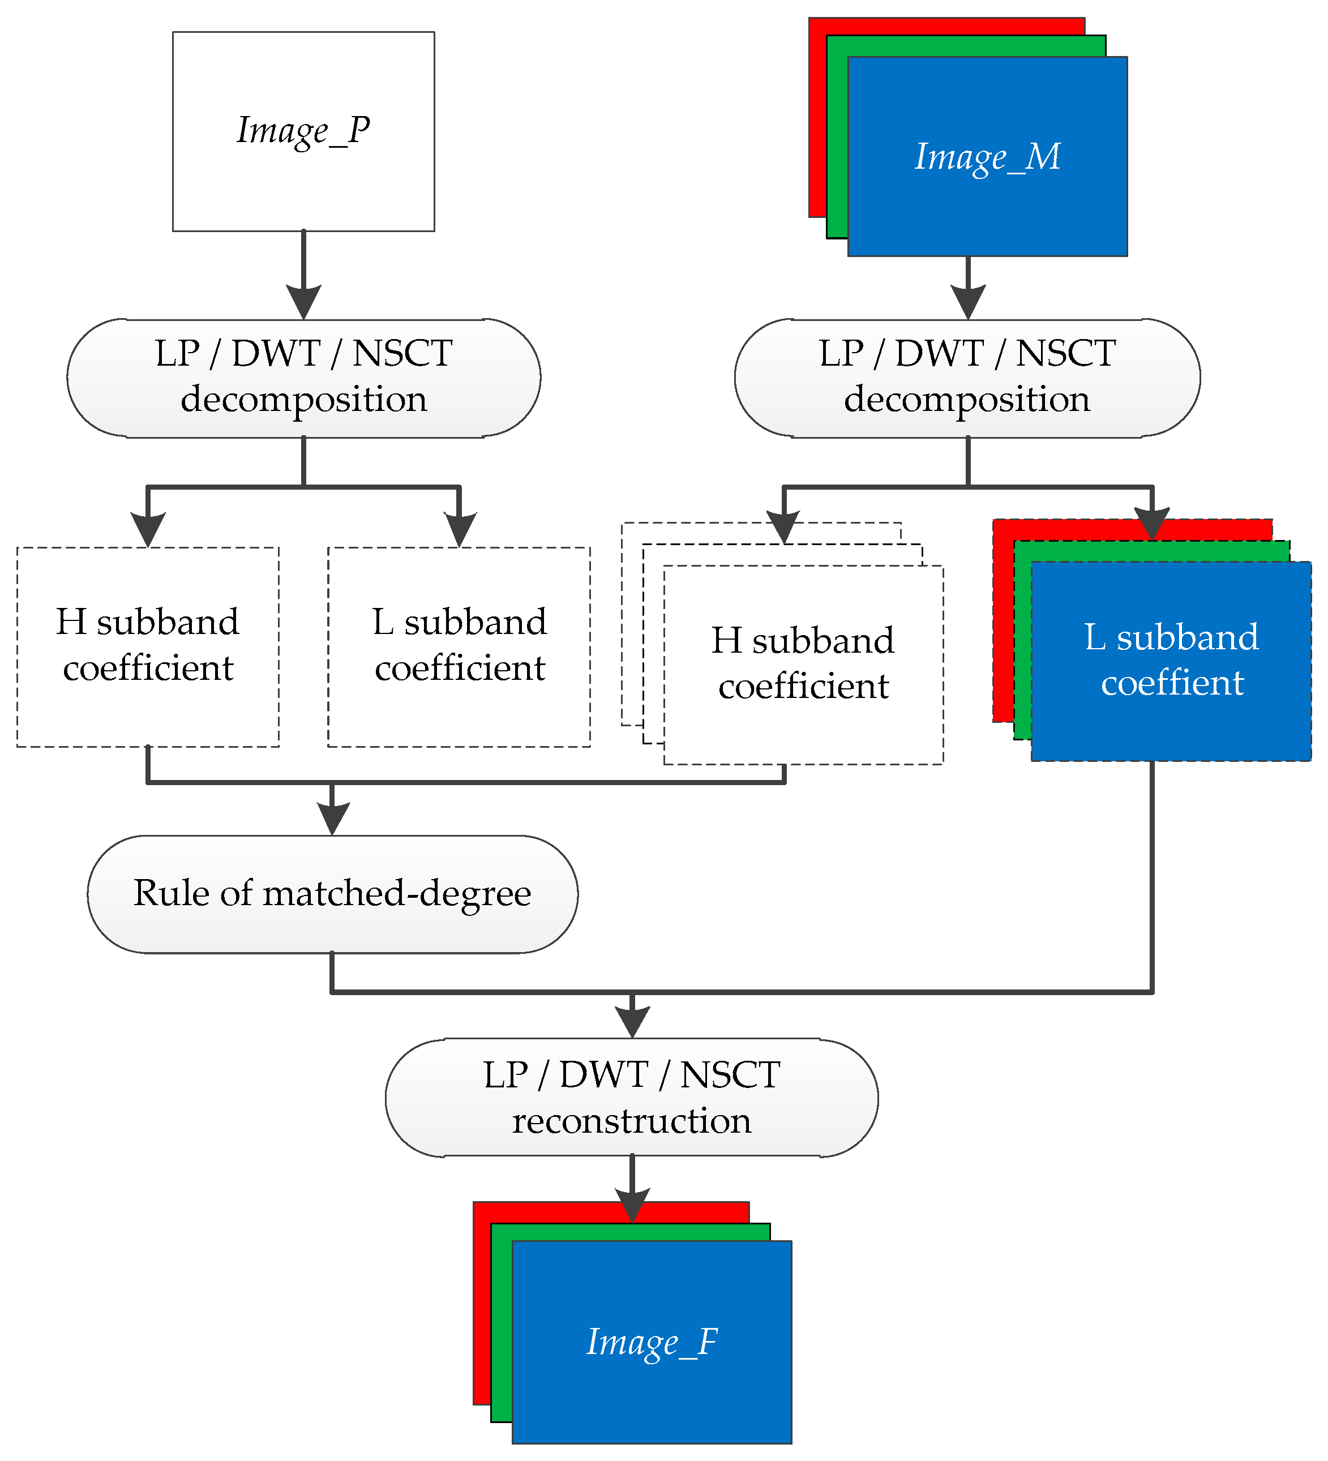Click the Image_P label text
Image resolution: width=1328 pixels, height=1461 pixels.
pos(303,132)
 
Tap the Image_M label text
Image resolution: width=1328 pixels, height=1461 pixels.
pos(987,157)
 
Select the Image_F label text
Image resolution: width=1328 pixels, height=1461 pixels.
pos(652,1342)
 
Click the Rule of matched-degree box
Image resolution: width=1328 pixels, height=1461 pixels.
pos(332,894)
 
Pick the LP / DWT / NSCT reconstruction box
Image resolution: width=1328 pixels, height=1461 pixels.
pos(631,1097)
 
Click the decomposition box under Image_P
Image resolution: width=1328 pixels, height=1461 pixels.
pos(303,378)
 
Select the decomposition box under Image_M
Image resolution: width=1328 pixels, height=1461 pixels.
pos(967,378)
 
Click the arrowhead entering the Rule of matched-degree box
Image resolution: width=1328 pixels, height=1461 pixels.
pos(332,819)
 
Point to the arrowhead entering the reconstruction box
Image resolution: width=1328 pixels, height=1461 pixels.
pos(632,1022)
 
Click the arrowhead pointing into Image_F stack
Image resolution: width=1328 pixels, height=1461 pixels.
pos(632,1205)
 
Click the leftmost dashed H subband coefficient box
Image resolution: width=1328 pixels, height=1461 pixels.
pos(148,645)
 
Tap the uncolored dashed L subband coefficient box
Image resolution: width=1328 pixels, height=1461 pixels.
pos(459,645)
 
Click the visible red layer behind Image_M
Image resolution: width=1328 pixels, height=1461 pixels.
pos(817,116)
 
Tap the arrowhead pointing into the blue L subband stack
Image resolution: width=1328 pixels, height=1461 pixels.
pos(1152,523)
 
